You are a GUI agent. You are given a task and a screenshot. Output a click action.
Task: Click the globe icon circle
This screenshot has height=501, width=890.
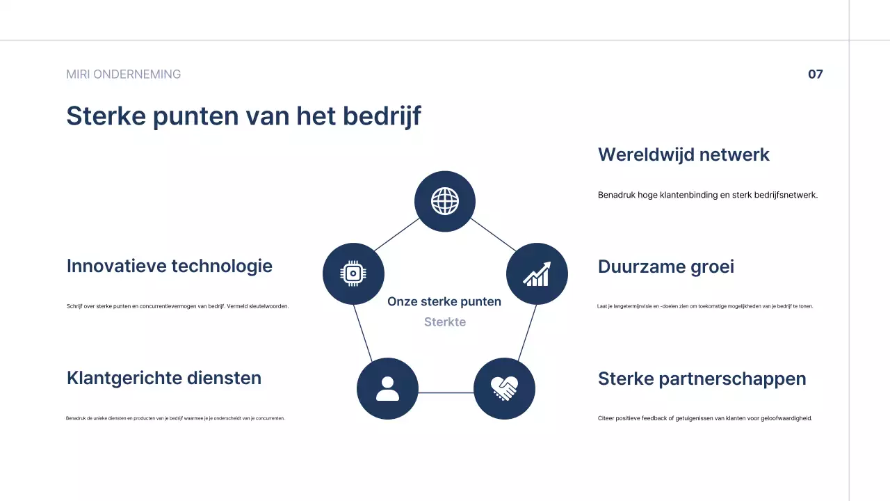445,202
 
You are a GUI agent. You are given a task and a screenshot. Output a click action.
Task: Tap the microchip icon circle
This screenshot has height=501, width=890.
353,273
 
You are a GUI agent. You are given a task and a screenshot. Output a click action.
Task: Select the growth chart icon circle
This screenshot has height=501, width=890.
537,273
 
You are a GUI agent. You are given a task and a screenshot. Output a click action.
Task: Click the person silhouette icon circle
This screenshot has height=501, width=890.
387,388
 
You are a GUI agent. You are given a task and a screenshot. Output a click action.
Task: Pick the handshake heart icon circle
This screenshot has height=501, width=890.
504,388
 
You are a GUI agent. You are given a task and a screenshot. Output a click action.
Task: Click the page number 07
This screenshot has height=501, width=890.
815,74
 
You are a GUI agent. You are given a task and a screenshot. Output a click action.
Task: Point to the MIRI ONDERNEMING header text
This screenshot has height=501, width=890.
123,74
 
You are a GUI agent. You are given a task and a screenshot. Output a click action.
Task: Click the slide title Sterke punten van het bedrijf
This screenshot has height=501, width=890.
243,116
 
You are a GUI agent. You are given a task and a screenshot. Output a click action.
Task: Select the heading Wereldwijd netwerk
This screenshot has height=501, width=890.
683,154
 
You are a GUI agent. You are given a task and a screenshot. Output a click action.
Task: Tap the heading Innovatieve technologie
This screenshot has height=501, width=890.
170,266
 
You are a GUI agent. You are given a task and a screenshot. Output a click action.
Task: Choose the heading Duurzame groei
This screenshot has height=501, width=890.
665,267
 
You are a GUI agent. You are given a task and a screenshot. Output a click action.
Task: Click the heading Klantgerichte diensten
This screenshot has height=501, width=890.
164,378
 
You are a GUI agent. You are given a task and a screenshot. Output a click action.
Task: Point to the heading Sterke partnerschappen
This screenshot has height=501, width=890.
702,379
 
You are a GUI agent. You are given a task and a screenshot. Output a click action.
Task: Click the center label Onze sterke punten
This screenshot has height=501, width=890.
444,301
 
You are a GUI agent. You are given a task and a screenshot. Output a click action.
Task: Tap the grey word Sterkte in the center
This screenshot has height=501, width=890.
445,322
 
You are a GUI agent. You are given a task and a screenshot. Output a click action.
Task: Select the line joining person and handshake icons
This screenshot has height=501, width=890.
446,392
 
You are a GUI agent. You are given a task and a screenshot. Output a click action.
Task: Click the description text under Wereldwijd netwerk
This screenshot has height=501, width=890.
708,195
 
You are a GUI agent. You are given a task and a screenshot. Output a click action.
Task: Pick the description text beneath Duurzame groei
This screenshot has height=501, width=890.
705,306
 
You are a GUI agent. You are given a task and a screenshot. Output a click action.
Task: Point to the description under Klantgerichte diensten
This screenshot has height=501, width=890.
175,418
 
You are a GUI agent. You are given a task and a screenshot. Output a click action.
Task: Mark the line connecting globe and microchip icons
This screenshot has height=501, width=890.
397,234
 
